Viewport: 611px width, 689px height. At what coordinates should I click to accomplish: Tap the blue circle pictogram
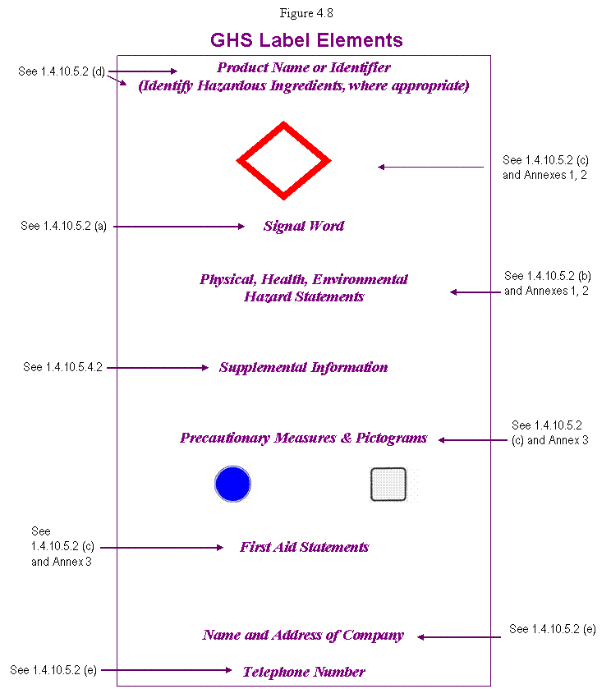(233, 484)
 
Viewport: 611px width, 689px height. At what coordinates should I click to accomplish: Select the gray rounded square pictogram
(388, 485)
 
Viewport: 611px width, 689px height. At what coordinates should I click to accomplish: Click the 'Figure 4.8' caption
(306, 13)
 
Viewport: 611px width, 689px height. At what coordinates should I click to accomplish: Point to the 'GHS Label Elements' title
(306, 40)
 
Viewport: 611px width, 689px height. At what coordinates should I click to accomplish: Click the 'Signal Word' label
(304, 226)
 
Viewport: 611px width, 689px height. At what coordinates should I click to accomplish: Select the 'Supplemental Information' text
(303, 367)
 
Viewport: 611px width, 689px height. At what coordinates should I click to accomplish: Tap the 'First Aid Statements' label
(304, 547)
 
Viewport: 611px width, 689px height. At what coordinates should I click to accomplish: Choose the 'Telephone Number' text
(304, 672)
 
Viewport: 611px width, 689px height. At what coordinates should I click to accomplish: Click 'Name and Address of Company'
(303, 636)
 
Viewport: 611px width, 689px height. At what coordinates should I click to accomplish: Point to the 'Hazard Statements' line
(304, 296)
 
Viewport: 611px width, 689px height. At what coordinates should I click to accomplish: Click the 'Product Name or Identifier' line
(304, 67)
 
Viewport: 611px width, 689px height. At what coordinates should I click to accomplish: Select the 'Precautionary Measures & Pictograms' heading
(303, 438)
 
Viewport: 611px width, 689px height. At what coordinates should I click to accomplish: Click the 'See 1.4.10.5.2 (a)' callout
(64, 226)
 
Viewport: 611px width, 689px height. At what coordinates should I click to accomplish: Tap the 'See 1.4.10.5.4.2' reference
(63, 367)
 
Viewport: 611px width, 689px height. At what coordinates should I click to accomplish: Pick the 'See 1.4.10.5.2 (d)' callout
(62, 71)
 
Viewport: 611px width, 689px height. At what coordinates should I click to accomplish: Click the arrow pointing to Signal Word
(179, 227)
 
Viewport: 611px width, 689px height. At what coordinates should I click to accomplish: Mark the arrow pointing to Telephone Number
(166, 670)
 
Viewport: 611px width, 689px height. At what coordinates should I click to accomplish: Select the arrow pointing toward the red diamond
(431, 167)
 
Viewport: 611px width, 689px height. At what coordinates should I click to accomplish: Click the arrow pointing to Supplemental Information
(158, 367)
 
